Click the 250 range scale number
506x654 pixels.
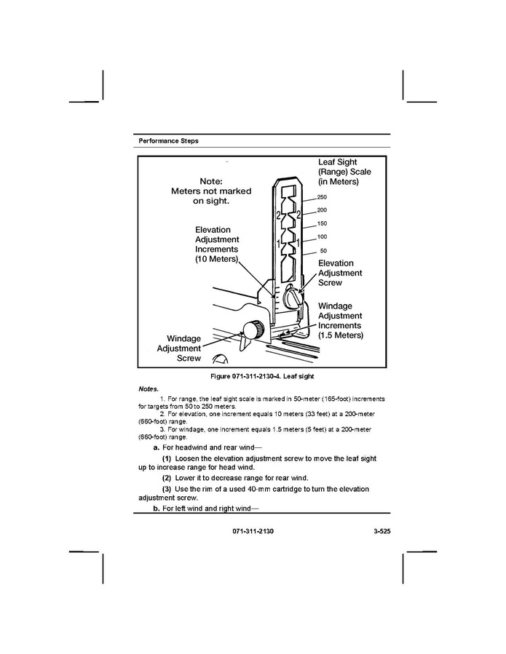(323, 198)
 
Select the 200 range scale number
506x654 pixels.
(323, 210)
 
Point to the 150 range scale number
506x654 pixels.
(323, 223)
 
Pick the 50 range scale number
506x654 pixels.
(323, 251)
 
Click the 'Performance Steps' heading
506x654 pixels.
(168, 140)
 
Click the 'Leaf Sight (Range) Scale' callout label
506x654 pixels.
(344, 172)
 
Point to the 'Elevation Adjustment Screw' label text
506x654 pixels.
(340, 273)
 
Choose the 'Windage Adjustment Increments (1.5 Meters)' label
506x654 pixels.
(340, 321)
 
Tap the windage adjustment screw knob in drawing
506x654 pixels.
(252, 330)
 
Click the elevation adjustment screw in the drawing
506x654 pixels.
(292, 298)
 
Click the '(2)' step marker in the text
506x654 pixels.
(167, 478)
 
